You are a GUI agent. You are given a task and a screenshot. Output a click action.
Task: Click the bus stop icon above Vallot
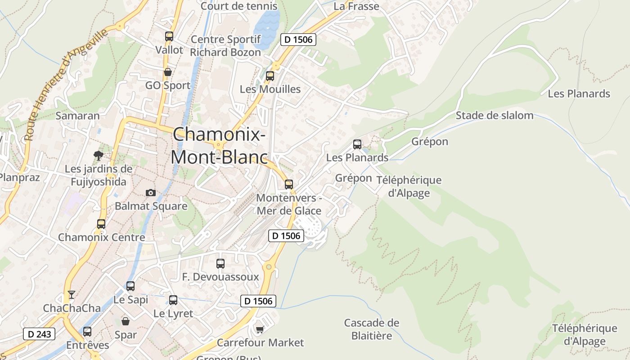click(x=169, y=36)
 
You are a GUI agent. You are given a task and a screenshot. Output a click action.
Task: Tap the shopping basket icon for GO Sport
click(x=168, y=72)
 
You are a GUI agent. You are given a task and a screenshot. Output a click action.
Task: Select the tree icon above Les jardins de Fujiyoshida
click(x=98, y=156)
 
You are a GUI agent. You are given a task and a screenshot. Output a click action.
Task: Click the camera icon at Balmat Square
click(x=151, y=193)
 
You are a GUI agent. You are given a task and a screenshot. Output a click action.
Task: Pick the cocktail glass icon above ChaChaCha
click(x=71, y=295)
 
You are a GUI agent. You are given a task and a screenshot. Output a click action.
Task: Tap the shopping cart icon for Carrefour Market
click(x=260, y=330)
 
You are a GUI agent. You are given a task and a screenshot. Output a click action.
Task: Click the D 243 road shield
click(x=39, y=334)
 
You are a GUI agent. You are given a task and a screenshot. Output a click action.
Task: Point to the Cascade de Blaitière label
click(x=371, y=329)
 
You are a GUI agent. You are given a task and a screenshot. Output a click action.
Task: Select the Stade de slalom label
click(x=494, y=116)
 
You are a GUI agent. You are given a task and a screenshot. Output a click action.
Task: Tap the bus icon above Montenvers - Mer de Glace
click(x=289, y=184)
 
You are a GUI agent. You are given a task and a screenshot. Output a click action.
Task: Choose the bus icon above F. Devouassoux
click(x=220, y=264)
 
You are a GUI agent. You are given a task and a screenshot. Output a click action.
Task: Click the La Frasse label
click(x=356, y=6)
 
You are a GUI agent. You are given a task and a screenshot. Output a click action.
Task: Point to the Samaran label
click(x=77, y=116)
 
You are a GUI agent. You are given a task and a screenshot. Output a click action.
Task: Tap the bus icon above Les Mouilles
click(x=270, y=76)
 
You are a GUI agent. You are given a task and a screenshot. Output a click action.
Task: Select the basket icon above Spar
click(x=126, y=321)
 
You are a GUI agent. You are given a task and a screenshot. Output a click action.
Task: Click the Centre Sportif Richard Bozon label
click(x=225, y=46)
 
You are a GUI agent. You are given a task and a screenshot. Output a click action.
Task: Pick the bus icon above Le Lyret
click(x=173, y=300)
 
